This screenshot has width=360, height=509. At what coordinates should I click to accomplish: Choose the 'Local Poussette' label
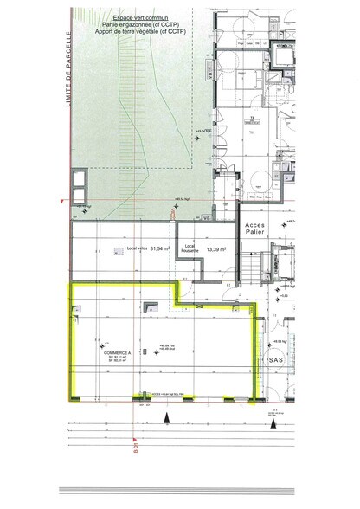point(191,248)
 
